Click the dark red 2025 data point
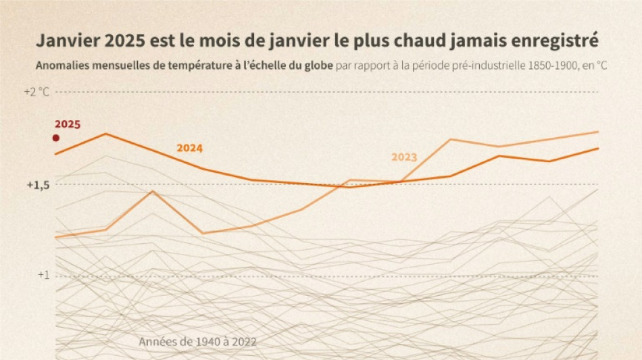pos(55,138)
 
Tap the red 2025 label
pos(68,124)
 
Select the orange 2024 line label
pos(189,148)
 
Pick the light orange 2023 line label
pos(404,157)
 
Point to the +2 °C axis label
pos(36,91)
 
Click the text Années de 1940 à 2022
pos(197,342)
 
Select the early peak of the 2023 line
pos(153,191)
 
